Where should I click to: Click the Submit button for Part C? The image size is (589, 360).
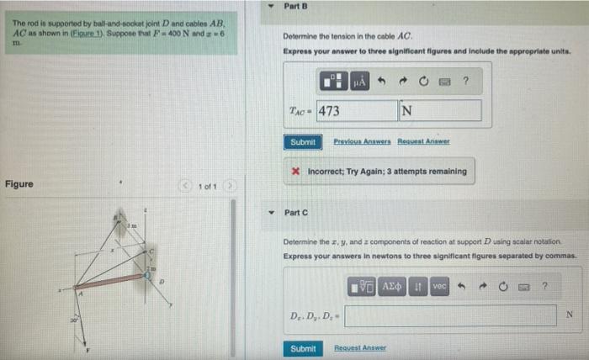(303, 348)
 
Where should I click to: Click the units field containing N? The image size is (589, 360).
(440, 111)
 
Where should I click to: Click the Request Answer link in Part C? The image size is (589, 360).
(360, 348)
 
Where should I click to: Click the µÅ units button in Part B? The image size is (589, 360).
(358, 82)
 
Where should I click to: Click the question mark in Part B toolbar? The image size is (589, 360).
(464, 82)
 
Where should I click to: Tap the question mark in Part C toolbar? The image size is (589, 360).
(544, 287)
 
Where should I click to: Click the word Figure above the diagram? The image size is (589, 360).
(19, 184)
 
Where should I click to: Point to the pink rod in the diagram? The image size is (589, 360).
(109, 280)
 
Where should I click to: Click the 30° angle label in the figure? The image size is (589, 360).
(74, 317)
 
